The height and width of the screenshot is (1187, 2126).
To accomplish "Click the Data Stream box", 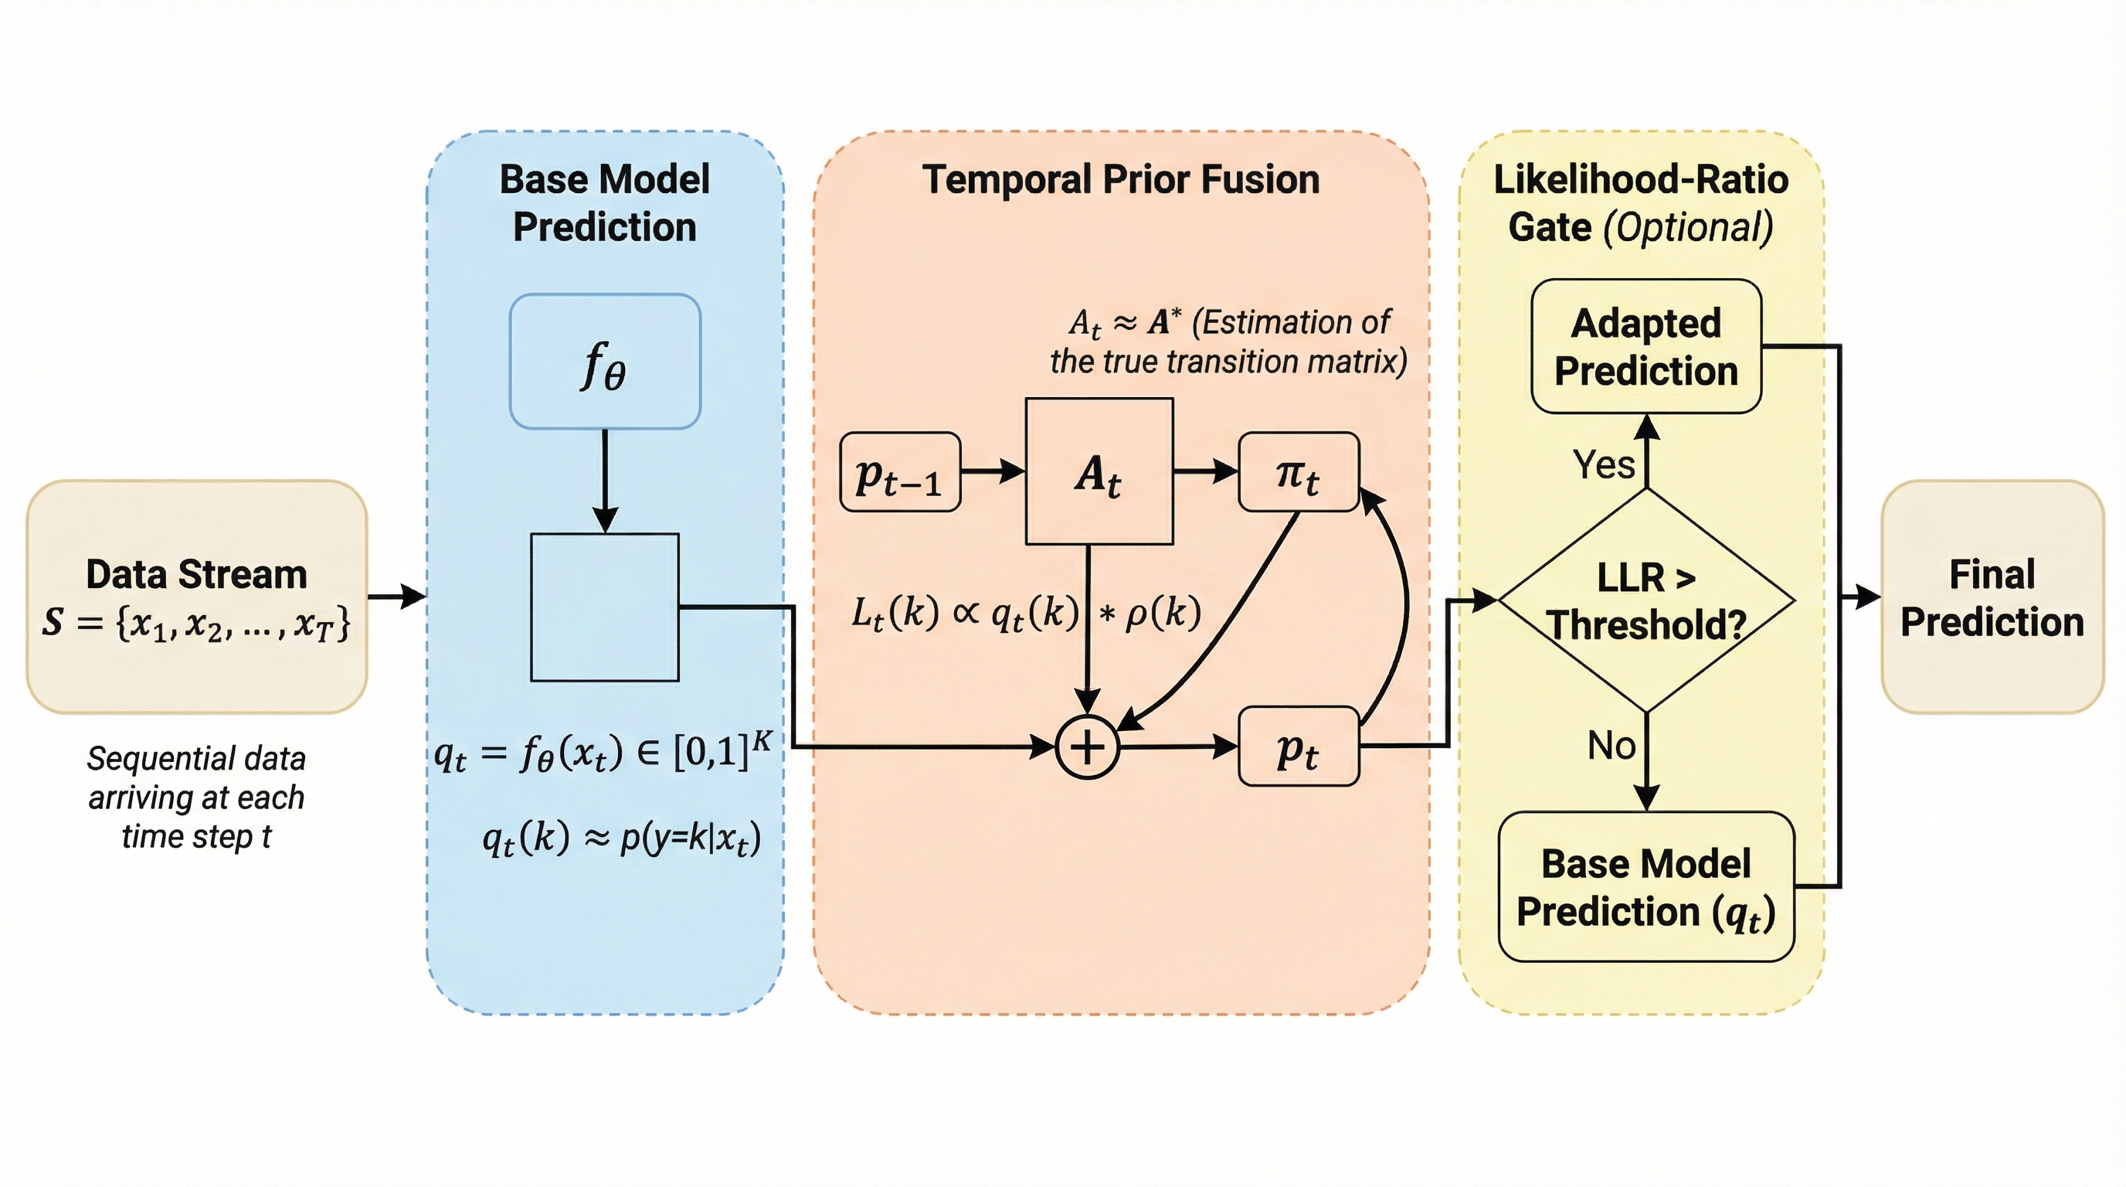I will [x=196, y=596].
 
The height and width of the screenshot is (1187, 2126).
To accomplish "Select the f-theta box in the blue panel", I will [x=605, y=362].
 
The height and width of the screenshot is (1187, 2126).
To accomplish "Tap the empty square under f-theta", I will [x=604, y=607].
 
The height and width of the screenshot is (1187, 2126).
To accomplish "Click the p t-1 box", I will [x=899, y=473].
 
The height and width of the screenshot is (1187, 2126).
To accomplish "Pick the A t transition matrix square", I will [x=1099, y=472].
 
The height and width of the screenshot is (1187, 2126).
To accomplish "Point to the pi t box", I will [x=1298, y=472].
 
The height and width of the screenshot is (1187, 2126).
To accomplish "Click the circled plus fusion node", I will [x=1087, y=747].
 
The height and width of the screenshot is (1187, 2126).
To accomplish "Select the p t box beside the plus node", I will [x=1298, y=747].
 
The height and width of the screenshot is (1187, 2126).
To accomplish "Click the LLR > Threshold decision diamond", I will [x=1645, y=600].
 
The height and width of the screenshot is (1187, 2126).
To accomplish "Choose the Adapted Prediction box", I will [x=1645, y=347].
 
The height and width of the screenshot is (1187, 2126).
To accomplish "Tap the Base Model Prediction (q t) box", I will [x=1645, y=887].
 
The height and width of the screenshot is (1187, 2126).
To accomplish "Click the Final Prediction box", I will [x=1992, y=597].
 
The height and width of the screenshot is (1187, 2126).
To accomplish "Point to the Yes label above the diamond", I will [x=1603, y=464].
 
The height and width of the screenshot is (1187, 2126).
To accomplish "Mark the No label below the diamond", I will [x=1611, y=746].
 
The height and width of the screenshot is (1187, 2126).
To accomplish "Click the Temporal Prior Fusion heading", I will [x=1120, y=180].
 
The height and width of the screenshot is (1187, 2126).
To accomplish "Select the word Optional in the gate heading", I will [x=1687, y=228].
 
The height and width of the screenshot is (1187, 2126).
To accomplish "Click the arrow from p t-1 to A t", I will [x=993, y=472].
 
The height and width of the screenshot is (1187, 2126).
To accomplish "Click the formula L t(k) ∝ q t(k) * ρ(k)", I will [x=1026, y=614].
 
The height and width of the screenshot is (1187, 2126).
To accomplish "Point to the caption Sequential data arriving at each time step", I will [x=196, y=798].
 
